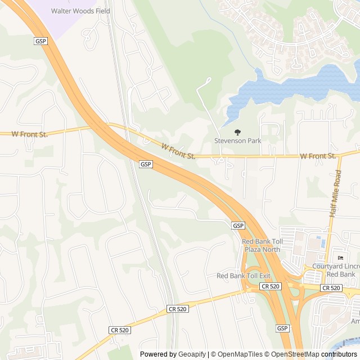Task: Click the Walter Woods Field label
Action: [80, 11]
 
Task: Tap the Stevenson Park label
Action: [238, 141]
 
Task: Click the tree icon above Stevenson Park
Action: [238, 132]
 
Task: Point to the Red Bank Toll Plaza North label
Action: [261, 245]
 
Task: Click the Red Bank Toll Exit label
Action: [244, 276]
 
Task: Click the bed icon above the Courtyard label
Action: [340, 258]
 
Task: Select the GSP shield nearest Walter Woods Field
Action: [40, 42]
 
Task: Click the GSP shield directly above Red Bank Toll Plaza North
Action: [238, 225]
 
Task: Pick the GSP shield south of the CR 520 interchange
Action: [282, 328]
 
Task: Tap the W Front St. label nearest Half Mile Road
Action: [318, 155]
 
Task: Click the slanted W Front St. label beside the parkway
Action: [178, 151]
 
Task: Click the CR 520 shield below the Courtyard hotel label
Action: [331, 287]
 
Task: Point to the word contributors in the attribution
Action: [339, 354]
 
